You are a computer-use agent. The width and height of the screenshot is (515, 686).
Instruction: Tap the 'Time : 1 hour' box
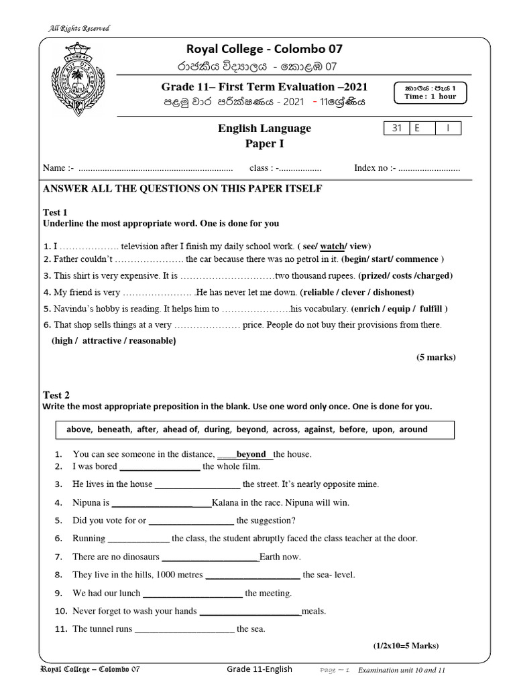tap(431, 92)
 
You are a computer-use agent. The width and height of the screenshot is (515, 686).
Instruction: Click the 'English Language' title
tap(266, 129)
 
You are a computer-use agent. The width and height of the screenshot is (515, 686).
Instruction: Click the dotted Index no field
tap(429, 168)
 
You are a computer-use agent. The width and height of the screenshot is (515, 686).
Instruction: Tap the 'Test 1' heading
tap(56, 212)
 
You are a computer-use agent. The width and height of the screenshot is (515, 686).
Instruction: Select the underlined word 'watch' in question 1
tap(332, 246)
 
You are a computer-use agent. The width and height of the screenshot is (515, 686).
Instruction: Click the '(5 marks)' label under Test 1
tap(435, 357)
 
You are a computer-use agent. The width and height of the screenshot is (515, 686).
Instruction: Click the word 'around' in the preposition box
tap(413, 429)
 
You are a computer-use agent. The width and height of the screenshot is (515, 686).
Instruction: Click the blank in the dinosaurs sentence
tap(211, 557)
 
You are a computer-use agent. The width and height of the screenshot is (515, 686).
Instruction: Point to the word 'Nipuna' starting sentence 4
tap(87, 502)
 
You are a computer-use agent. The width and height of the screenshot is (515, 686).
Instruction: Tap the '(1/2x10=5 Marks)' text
tap(406, 646)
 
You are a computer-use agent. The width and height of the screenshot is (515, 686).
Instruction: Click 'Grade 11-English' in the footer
tap(260, 669)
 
